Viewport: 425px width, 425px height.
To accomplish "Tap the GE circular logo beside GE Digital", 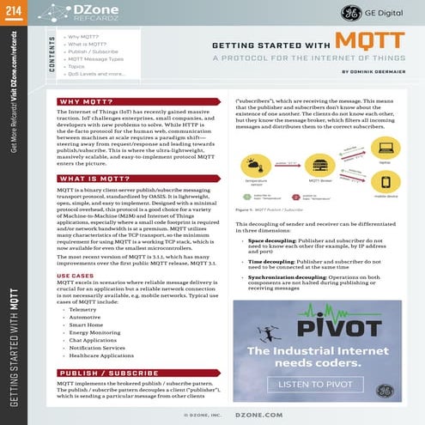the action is [351, 13].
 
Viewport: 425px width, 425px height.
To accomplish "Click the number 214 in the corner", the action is [11, 6].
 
